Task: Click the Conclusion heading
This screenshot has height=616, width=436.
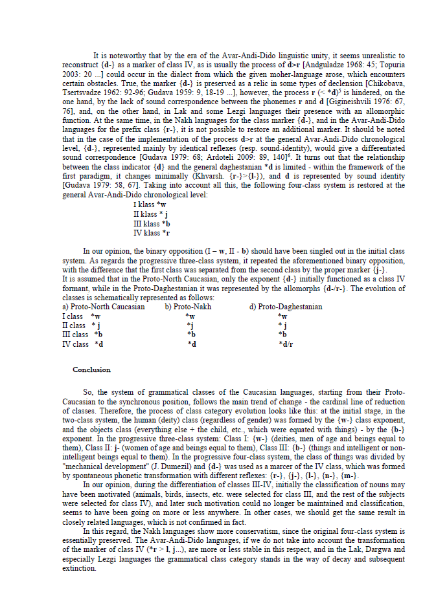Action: (x=91, y=369)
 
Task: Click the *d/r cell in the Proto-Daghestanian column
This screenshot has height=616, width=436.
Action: (x=285, y=344)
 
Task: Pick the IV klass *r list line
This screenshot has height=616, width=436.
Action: (x=152, y=232)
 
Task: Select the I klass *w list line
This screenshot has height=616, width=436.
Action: (x=149, y=204)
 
